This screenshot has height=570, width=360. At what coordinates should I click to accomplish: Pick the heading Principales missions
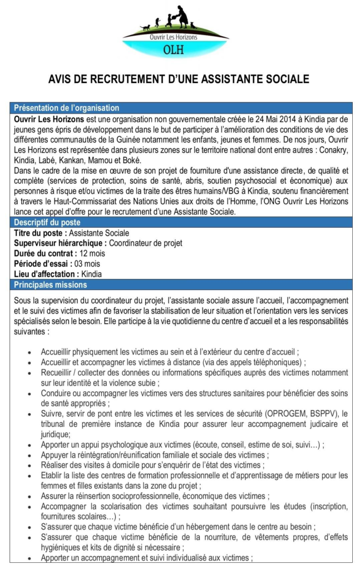pyautogui.click(x=50, y=285)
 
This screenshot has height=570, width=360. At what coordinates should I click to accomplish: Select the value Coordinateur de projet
pyautogui.click(x=146, y=243)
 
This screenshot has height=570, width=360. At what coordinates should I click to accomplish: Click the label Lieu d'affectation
pyautogui.click(x=46, y=274)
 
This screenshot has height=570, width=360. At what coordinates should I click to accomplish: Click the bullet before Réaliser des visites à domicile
pyautogui.click(x=29, y=465)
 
